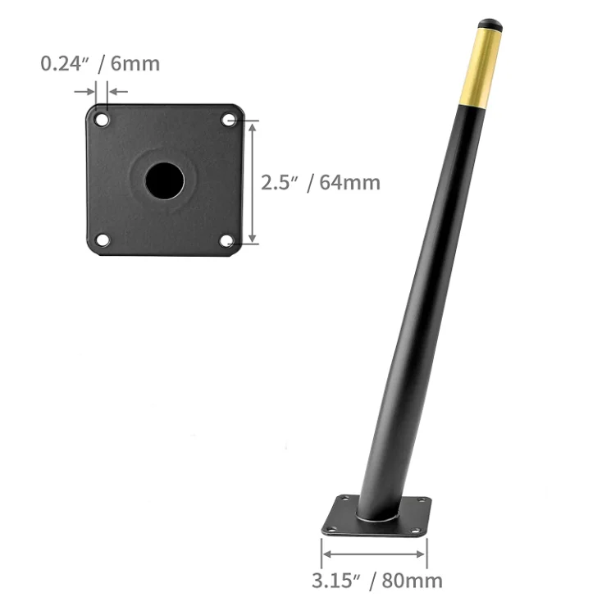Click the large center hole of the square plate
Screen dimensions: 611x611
[164, 180]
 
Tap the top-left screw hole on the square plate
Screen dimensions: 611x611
[102, 120]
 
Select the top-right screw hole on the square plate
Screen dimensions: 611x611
[228, 121]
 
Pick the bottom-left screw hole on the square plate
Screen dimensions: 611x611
[102, 240]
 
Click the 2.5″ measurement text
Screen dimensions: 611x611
[280, 182]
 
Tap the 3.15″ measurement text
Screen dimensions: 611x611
[336, 581]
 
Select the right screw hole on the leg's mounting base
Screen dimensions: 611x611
[423, 501]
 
